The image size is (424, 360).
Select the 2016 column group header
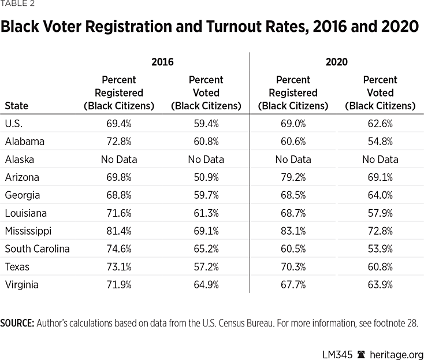(x=162, y=62)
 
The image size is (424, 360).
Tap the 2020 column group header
(x=336, y=62)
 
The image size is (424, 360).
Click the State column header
(x=16, y=106)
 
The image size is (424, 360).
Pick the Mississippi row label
(x=28, y=231)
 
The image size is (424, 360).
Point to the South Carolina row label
(x=37, y=248)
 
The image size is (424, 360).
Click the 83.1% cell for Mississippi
(x=293, y=231)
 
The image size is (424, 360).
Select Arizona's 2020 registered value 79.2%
(x=293, y=177)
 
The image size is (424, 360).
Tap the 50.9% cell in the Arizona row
(x=206, y=177)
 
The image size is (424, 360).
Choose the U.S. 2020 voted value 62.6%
(x=380, y=123)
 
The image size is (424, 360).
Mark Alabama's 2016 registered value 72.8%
(x=119, y=141)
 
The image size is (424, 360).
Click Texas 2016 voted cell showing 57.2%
(x=206, y=266)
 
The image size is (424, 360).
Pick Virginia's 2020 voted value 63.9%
(x=380, y=284)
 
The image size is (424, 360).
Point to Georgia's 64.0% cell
(x=380, y=195)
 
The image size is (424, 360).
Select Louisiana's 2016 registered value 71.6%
(x=119, y=213)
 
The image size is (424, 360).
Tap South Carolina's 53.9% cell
(x=380, y=248)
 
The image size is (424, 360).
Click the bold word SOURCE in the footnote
(x=17, y=322)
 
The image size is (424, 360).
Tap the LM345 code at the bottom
(x=336, y=354)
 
